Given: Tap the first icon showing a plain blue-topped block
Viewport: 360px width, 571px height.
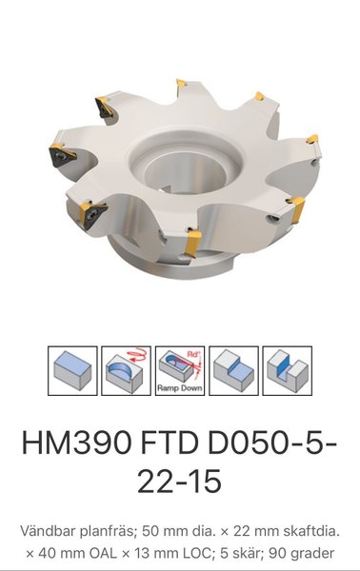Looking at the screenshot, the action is [x=72, y=371].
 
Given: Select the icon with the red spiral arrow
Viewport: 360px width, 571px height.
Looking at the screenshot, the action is [x=126, y=371].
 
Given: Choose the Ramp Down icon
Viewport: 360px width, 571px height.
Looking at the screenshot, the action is [x=180, y=371].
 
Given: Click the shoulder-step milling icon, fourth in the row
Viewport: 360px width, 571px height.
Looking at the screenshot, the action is [x=233, y=371].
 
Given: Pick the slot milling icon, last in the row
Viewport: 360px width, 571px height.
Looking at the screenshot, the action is [x=287, y=371].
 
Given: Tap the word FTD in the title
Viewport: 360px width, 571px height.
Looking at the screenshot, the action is [x=170, y=443].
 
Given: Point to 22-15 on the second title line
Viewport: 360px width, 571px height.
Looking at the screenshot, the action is [x=180, y=481].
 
